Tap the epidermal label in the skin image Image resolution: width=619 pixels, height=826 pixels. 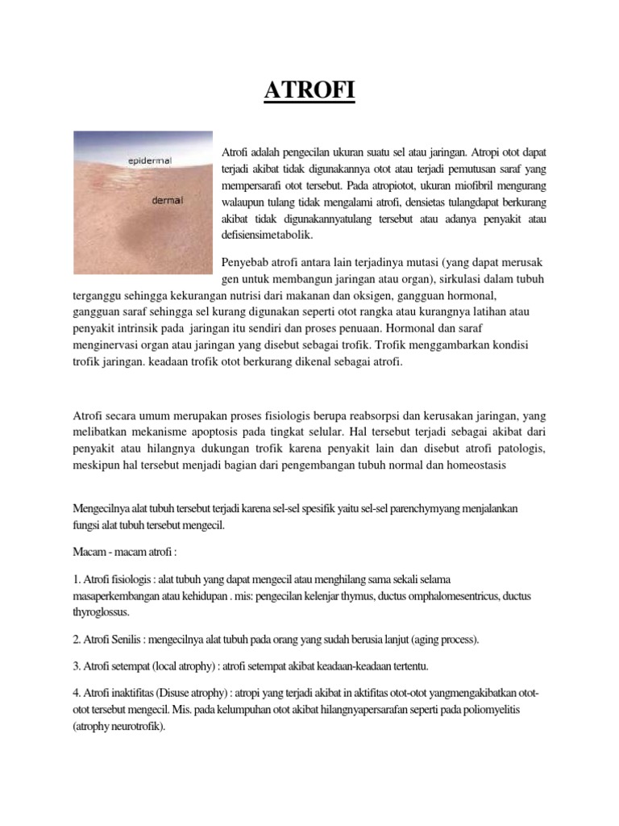pyautogui.click(x=152, y=161)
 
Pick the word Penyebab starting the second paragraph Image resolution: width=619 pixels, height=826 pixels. pyautogui.click(x=246, y=264)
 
